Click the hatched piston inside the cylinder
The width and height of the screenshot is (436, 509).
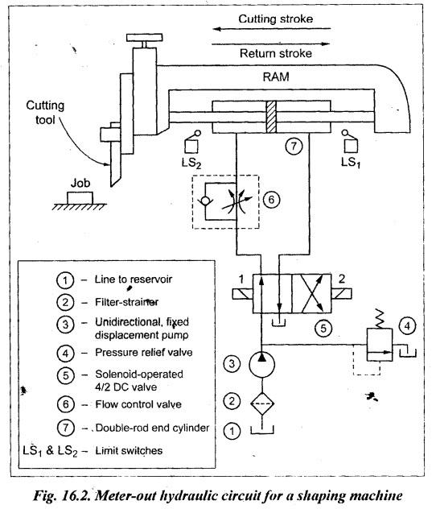[271, 117]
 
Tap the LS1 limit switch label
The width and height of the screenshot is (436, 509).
[351, 162]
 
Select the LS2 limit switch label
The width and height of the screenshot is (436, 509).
[191, 163]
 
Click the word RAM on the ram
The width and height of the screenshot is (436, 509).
[276, 77]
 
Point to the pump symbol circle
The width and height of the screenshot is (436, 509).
[262, 365]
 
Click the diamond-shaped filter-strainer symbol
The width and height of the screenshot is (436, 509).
[262, 403]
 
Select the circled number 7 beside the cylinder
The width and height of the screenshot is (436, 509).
[294, 146]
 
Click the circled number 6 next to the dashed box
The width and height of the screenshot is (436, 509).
[271, 200]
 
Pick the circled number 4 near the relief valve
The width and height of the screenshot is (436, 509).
[408, 325]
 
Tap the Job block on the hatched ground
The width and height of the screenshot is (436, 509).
[80, 197]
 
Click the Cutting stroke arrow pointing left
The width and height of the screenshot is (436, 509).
[272, 29]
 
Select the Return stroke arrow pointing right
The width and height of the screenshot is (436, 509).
[271, 43]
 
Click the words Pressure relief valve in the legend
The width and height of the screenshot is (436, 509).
[144, 353]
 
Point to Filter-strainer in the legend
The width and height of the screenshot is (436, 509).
[126, 302]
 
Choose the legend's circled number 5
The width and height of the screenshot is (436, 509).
[66, 375]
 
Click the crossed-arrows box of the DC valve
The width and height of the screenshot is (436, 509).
[311, 294]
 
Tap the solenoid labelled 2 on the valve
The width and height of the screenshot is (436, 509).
[341, 294]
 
